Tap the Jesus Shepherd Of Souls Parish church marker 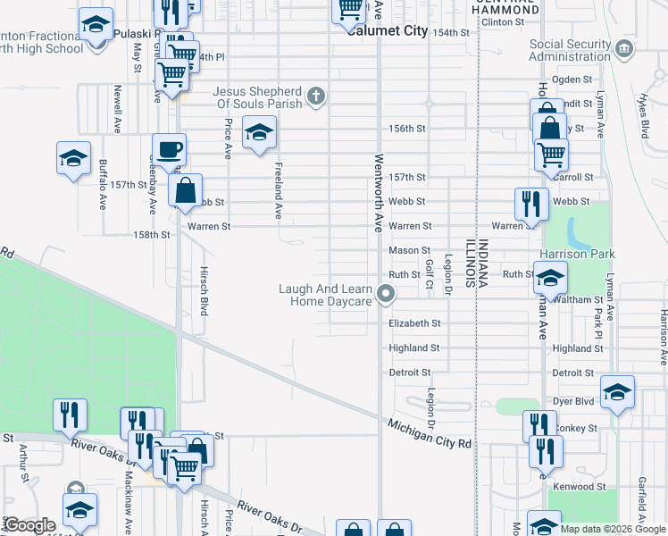315,96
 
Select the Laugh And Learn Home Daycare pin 386,293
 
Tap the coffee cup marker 168,149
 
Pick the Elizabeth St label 414,323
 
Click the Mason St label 409,251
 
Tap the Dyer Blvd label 572,403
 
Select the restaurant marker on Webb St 531,203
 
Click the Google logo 29,525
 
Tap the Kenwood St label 580,487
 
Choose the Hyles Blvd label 643,115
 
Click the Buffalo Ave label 103,184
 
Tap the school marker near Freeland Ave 259,133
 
